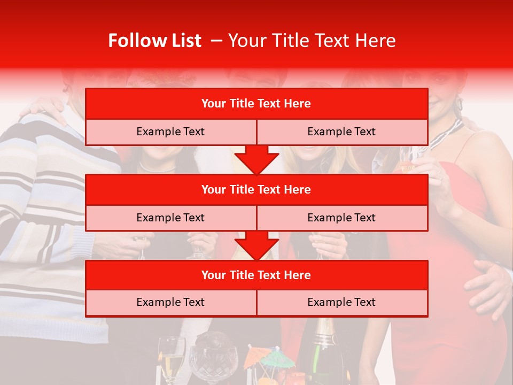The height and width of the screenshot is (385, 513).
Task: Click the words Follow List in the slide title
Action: pyautogui.click(x=154, y=41)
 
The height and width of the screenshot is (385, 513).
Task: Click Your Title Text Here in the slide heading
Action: pyautogui.click(x=312, y=41)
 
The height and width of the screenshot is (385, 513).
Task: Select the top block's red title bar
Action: pyautogui.click(x=256, y=104)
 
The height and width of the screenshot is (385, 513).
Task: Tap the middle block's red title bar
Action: pyautogui.click(x=256, y=189)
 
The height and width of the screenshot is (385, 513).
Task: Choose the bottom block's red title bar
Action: pyautogui.click(x=256, y=275)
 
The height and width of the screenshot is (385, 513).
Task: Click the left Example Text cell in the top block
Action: pyautogui.click(x=170, y=132)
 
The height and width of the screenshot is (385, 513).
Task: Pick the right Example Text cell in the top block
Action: pyautogui.click(x=342, y=132)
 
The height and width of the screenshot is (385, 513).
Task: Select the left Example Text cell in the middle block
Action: pyautogui.click(x=170, y=218)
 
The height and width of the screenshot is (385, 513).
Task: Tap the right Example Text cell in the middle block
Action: pyautogui.click(x=342, y=218)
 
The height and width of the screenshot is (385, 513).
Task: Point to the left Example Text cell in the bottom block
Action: pyautogui.click(x=170, y=302)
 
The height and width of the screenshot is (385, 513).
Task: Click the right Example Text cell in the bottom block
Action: pyautogui.click(x=342, y=302)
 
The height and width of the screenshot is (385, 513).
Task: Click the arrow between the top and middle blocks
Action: pyautogui.click(x=256, y=159)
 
